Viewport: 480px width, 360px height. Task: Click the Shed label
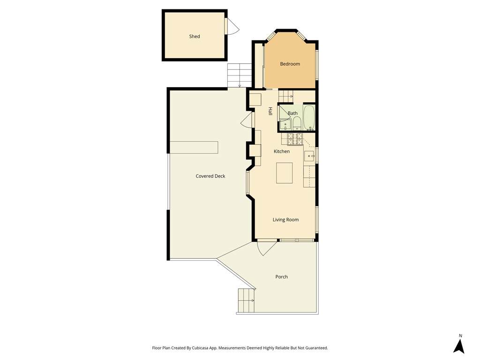point(195,37)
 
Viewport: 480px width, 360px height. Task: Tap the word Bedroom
point(290,64)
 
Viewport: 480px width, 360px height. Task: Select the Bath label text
point(292,113)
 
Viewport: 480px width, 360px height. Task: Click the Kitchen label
point(282,151)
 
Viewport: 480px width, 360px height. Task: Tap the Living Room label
point(285,219)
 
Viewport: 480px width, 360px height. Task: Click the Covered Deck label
point(210,176)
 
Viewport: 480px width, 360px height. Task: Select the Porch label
point(282,277)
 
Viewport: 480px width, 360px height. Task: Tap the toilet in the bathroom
point(297,124)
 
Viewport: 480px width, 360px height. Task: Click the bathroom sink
point(286,125)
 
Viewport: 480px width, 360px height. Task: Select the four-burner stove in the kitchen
point(295,139)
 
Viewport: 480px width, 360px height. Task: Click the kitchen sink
point(310,156)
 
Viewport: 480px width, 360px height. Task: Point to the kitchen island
point(284,173)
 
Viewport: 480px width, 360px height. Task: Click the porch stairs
point(246,300)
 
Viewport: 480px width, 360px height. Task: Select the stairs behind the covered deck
point(240,75)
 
